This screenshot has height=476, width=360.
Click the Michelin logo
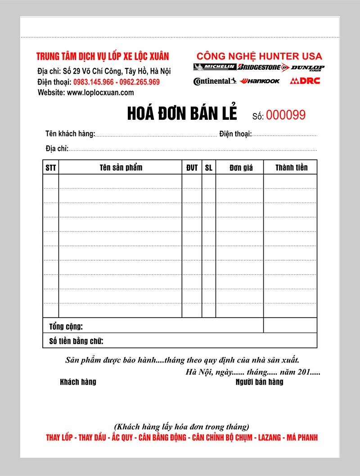pyautogui.click(x=215, y=68)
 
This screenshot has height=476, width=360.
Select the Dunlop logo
pyautogui.click(x=307, y=68)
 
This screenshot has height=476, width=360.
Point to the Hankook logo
pyautogui.click(x=260, y=81)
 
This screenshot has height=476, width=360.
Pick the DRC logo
pyautogui.click(x=305, y=81)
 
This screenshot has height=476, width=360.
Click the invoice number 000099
pyautogui.click(x=285, y=115)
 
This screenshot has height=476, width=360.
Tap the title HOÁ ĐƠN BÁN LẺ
pyautogui.click(x=182, y=113)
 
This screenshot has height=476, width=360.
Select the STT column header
pyautogui.click(x=51, y=168)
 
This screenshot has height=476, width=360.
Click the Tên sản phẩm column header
pyautogui.click(x=121, y=168)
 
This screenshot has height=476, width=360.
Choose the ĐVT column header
pyautogui.click(x=192, y=168)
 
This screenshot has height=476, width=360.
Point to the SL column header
pyautogui.click(x=209, y=168)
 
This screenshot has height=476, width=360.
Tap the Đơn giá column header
pyautogui.click(x=241, y=168)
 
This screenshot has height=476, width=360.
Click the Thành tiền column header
pyautogui.click(x=291, y=168)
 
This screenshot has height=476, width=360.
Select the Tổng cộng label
pyautogui.click(x=66, y=326)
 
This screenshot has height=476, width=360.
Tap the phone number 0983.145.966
pyautogui.click(x=94, y=82)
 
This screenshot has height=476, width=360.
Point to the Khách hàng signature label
pyautogui.click(x=78, y=382)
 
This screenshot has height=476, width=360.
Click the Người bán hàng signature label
pyautogui.click(x=259, y=382)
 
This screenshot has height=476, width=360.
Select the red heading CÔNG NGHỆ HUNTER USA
pyautogui.click(x=259, y=56)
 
